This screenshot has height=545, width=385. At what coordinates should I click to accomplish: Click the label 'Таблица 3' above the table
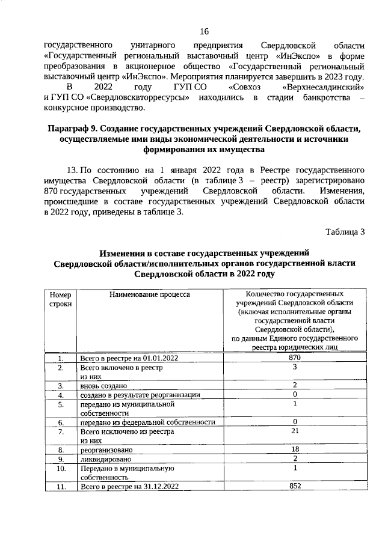tap(345, 232)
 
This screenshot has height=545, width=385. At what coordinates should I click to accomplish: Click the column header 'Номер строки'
tap(60, 299)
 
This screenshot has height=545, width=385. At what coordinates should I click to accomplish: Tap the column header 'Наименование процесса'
tap(150, 295)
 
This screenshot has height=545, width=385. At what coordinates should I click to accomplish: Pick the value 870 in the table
tap(295, 358)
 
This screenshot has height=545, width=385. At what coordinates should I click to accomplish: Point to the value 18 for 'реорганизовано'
tap(295, 449)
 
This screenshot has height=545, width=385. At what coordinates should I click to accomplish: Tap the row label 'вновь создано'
tap(103, 385)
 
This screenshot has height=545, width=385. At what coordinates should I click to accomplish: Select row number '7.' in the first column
tap(61, 432)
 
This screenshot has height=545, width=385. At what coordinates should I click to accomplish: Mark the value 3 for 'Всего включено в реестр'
tap(295, 367)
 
